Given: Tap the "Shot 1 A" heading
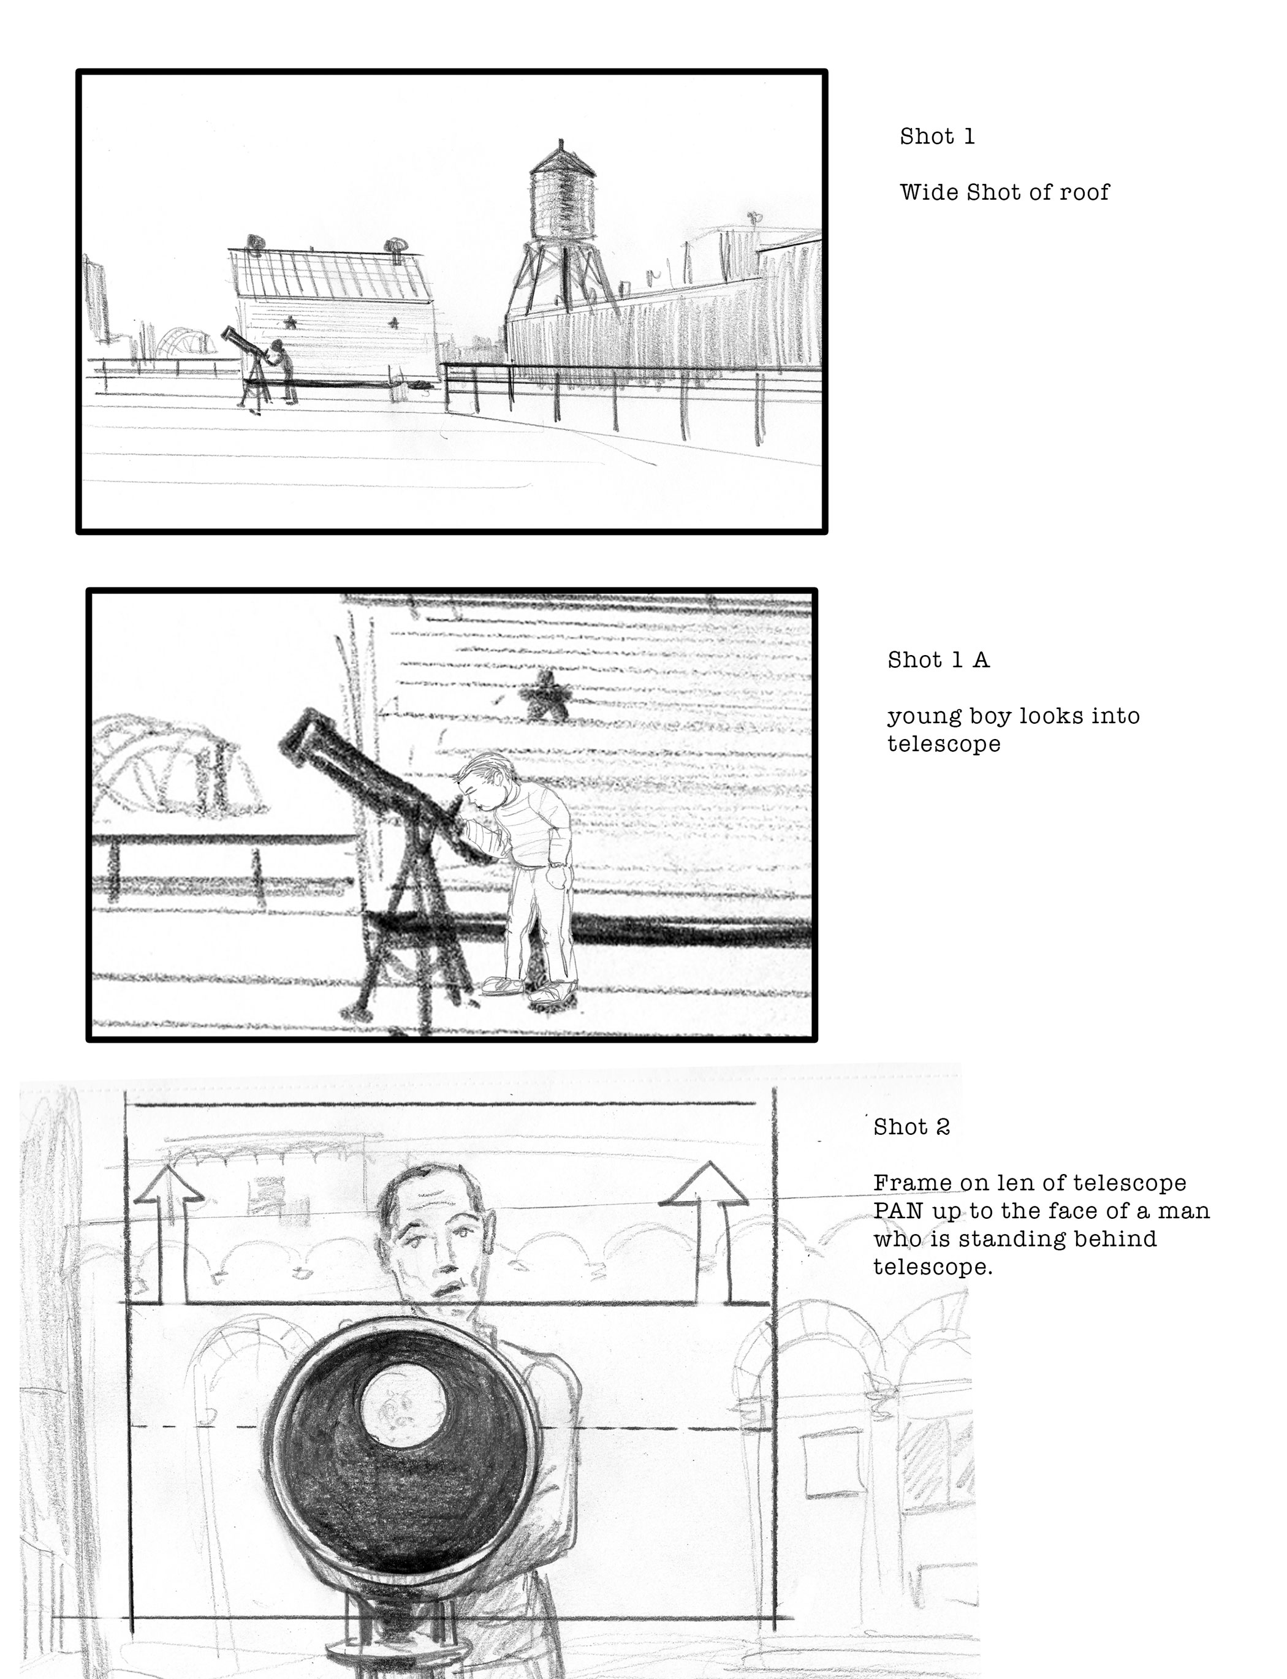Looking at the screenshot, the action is pos(938,661).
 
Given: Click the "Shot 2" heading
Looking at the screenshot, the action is pos(912,1127).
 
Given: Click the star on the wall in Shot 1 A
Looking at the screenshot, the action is pos(545,694).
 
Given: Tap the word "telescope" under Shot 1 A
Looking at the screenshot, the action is pos(944,744).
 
